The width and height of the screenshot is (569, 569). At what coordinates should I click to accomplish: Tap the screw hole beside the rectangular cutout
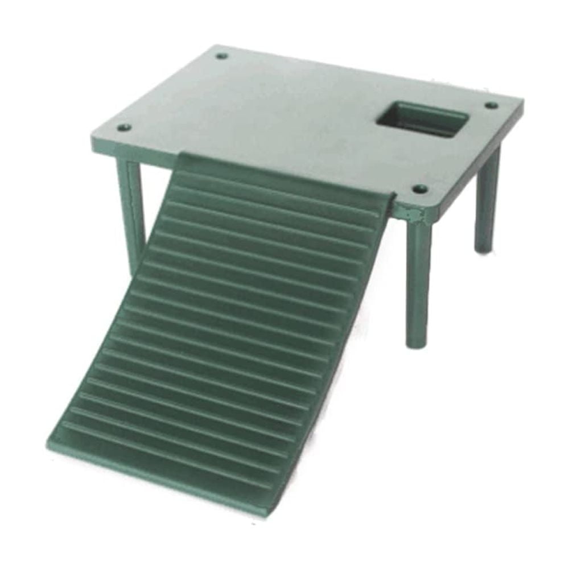click(x=491, y=105)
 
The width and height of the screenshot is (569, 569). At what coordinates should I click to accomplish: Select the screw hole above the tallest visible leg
click(x=420, y=188)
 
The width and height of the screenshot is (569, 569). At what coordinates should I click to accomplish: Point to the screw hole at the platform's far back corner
click(x=222, y=56)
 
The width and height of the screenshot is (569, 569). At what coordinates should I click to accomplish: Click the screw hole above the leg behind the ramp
click(x=124, y=127)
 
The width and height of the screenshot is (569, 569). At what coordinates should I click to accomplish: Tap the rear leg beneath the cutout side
click(x=487, y=199)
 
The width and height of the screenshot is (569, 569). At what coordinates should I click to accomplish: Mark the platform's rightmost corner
click(x=522, y=102)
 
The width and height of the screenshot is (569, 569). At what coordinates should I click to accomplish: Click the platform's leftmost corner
click(x=93, y=138)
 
